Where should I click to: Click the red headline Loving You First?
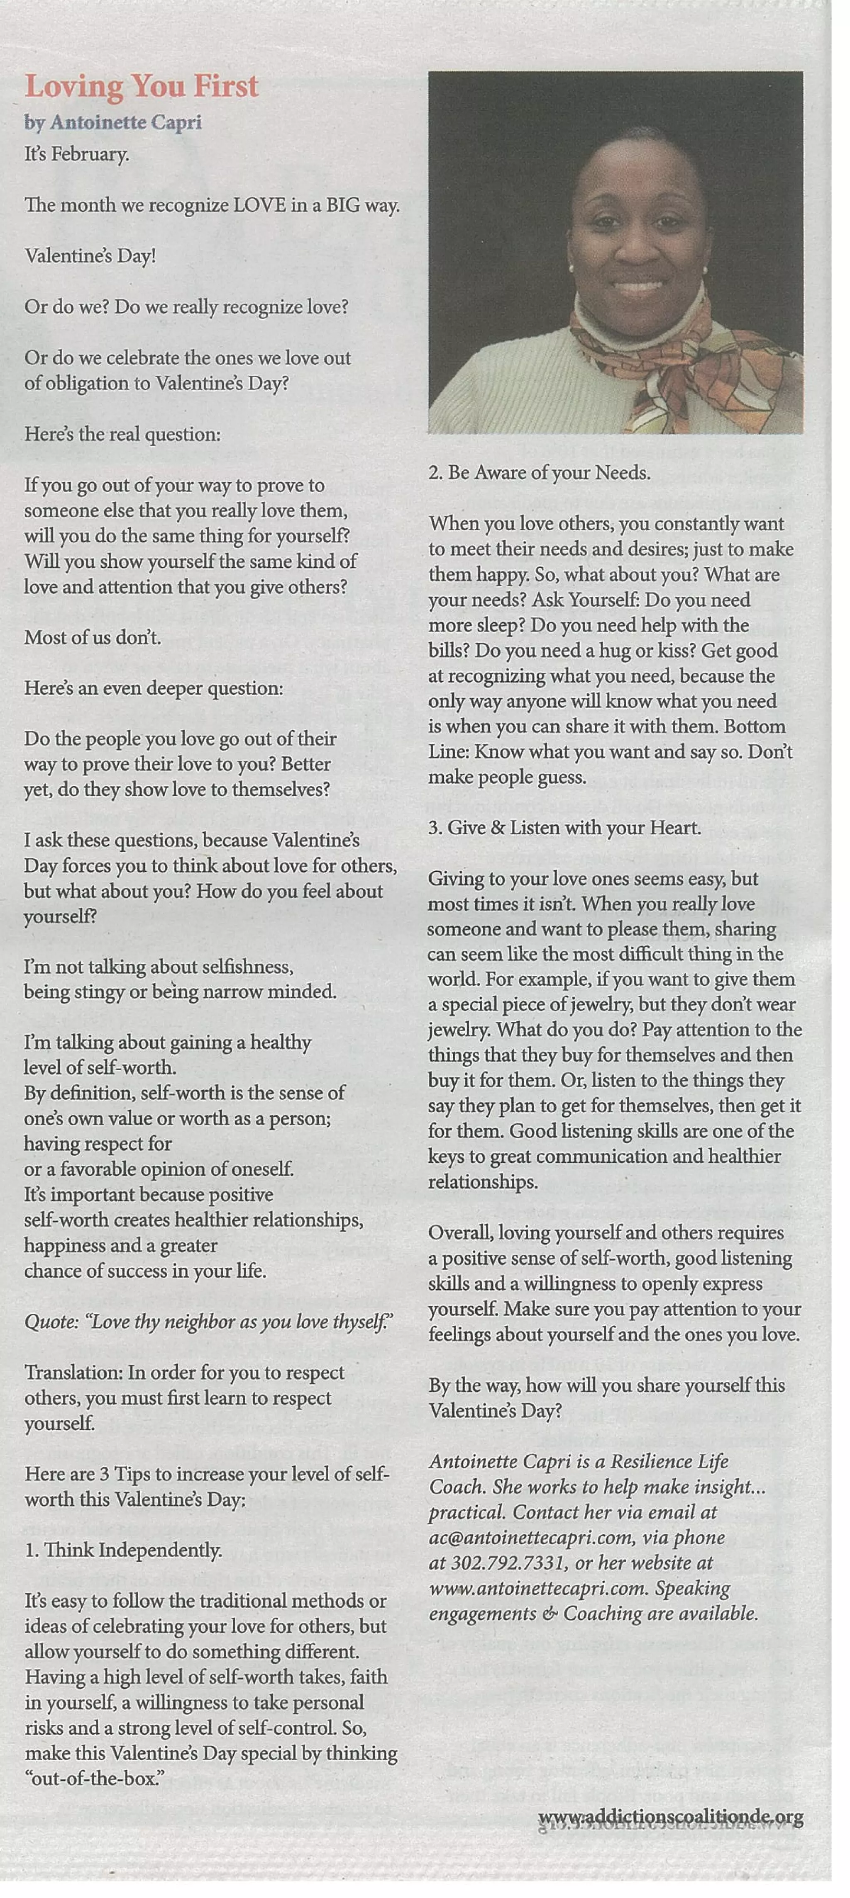pos(142,87)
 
